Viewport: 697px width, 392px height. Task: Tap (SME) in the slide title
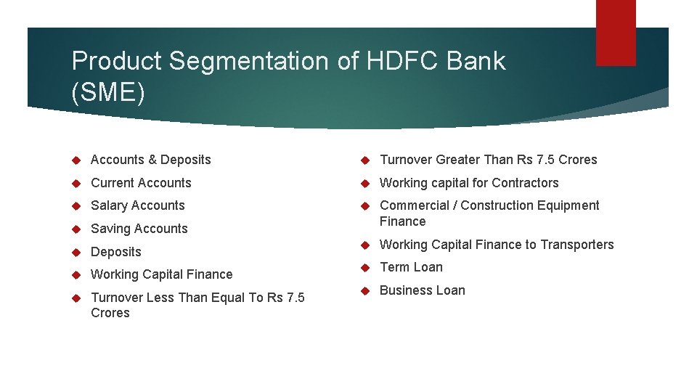click(108, 92)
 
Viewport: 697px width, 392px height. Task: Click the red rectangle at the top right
click(615, 32)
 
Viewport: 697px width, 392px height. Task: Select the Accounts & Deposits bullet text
click(150, 160)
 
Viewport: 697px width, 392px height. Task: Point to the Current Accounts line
click(141, 183)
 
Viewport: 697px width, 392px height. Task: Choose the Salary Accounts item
click(138, 205)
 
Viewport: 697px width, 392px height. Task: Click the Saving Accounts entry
click(139, 229)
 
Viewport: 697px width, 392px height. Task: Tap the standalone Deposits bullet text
click(116, 252)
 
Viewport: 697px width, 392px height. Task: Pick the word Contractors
click(525, 183)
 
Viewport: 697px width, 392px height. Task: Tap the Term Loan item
click(411, 267)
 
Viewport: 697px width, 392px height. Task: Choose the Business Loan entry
click(423, 290)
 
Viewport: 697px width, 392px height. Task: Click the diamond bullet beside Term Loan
click(366, 268)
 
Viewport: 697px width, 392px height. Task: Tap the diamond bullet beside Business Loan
click(366, 291)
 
